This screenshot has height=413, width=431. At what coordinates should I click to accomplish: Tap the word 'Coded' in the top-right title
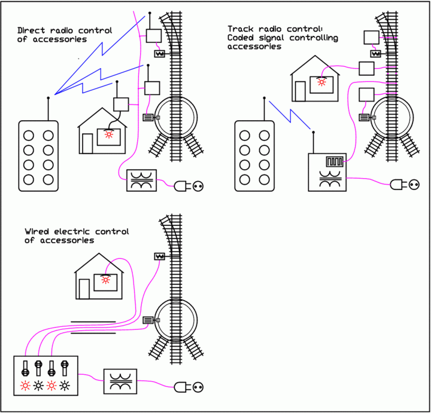coord(241,38)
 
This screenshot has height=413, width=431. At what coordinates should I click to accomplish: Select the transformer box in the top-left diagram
coord(141,181)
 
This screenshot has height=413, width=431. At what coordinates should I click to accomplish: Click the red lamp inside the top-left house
coord(108,134)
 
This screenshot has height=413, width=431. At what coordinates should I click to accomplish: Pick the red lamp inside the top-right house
coord(321,81)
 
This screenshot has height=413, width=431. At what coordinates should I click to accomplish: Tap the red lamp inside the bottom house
coord(105,279)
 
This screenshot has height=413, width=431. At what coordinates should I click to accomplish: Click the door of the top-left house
coord(87,143)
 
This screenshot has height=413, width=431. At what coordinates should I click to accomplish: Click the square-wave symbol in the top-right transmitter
coord(332,161)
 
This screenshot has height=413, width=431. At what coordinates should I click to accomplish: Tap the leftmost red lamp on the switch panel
coord(25,385)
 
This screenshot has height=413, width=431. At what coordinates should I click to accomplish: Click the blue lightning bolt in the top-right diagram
coord(290,115)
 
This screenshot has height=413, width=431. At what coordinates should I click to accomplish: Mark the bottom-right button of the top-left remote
coord(47,179)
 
